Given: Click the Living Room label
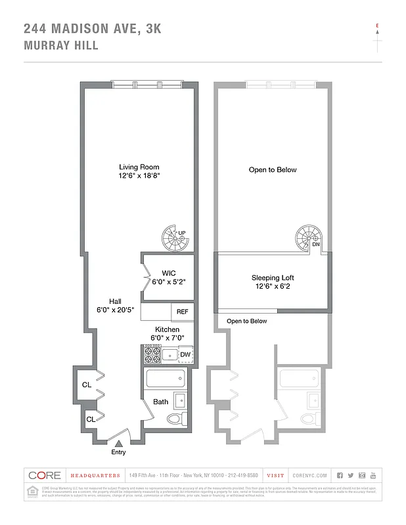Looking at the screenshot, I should click(139, 167).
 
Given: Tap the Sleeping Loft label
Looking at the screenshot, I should click(272, 278).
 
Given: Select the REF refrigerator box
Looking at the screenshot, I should click(182, 312).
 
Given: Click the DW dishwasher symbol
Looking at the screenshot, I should click(185, 354).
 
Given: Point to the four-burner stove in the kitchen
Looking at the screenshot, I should click(152, 354).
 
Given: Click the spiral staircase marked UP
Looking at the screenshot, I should click(175, 238).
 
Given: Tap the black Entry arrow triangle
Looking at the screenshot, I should click(119, 444).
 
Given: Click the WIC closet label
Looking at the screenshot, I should click(169, 273).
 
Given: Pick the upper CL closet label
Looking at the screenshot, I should click(86, 385).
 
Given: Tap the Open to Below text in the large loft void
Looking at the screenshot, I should click(272, 170).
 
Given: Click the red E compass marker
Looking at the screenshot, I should click(377, 27).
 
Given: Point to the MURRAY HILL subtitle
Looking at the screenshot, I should click(61, 46).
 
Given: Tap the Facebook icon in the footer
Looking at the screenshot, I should click(340, 475).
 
